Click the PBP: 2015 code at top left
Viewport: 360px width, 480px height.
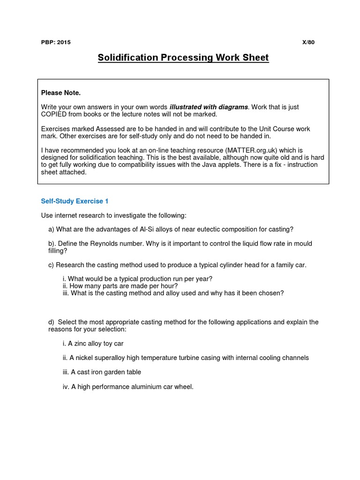point(56,42)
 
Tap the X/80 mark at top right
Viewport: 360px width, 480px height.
point(309,42)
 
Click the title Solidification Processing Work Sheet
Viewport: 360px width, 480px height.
point(183,58)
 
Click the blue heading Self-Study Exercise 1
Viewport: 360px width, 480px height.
point(75,201)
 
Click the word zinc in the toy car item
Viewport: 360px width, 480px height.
point(83,344)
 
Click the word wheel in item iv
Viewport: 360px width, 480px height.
point(182,387)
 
